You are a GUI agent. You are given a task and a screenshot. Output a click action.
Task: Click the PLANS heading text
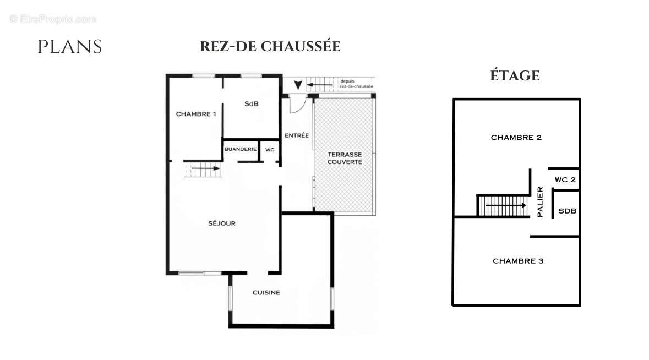pos(69,47)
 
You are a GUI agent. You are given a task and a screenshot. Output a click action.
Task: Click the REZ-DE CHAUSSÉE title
pos(270,46)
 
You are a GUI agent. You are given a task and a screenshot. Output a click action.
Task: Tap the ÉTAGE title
pos(515,75)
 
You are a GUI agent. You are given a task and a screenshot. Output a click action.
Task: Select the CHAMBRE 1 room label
pos(195,114)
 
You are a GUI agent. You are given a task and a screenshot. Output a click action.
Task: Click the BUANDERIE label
pos(241,149)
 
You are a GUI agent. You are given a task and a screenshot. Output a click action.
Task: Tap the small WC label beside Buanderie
pos(270,149)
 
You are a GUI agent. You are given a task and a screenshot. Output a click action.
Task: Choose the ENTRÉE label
pos(296,135)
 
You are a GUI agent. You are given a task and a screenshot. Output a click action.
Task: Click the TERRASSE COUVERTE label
pos(345,159)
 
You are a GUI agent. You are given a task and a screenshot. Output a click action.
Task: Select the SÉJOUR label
pos(222,223)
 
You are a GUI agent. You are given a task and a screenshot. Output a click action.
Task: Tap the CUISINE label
pos(266,292)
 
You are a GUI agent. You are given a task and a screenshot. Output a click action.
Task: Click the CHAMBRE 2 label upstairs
pos(516,138)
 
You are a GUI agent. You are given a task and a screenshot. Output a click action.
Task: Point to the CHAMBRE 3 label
pos(517,261)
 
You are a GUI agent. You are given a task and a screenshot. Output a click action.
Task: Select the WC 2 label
pos(565,180)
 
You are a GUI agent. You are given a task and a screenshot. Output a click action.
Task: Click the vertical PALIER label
pos(540,202)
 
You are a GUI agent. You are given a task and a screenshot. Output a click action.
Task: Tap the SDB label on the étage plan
pos(567,211)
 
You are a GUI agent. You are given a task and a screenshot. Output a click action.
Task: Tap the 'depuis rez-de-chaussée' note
pos(356,84)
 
